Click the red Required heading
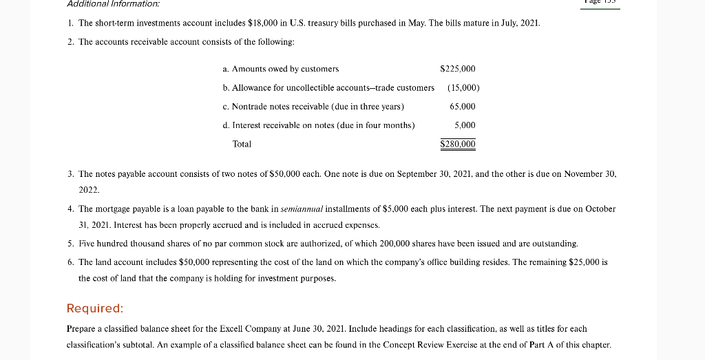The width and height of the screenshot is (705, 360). click(x=95, y=308)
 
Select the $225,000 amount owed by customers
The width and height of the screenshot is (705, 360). click(x=457, y=69)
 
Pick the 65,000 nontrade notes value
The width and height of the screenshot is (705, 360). click(x=462, y=107)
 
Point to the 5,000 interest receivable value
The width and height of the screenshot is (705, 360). click(x=465, y=125)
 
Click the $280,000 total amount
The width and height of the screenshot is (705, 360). click(x=458, y=144)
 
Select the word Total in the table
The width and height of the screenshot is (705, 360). click(x=242, y=144)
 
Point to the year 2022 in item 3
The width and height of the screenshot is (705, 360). click(x=90, y=189)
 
